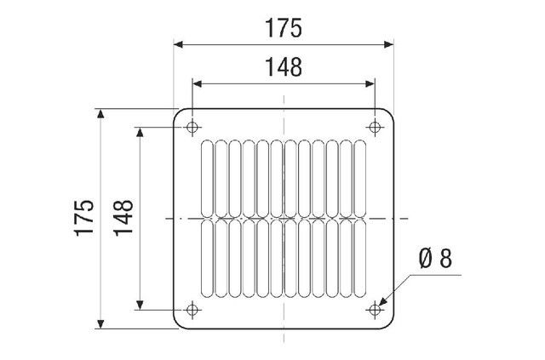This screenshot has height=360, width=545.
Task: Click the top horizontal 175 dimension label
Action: [x=284, y=28]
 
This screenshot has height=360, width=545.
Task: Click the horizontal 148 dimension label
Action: [x=284, y=67]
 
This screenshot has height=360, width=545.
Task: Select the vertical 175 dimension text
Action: [x=84, y=218]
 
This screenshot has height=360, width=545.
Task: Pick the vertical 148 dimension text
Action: [x=123, y=218]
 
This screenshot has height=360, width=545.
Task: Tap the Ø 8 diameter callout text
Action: [x=435, y=259]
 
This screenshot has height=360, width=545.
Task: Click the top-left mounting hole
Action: [x=192, y=127]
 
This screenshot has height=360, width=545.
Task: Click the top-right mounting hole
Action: [x=375, y=127]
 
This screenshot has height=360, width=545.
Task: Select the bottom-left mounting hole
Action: [x=192, y=310]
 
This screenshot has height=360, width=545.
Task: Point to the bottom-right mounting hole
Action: [x=375, y=310]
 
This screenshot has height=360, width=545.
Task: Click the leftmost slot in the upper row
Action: [x=207, y=179]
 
